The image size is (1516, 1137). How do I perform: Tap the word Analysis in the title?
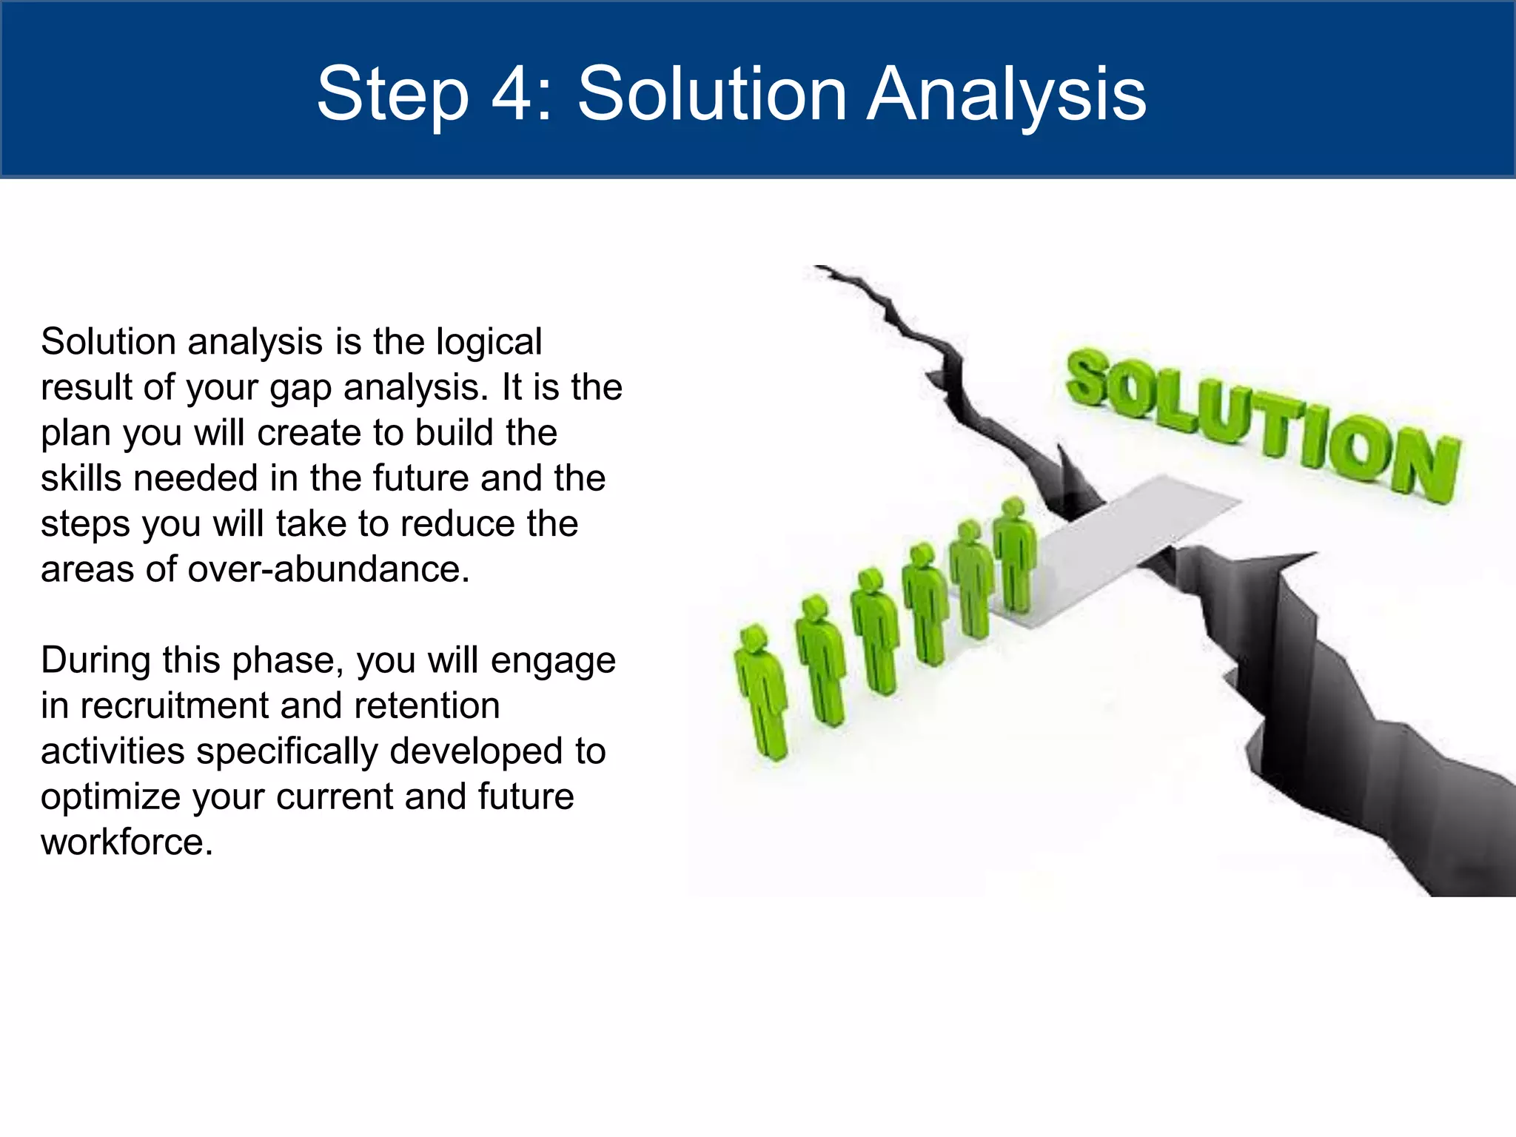pyautogui.click(x=1007, y=94)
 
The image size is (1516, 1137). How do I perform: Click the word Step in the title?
pyautogui.click(x=392, y=94)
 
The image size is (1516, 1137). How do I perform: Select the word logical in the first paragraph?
pyautogui.click(x=489, y=343)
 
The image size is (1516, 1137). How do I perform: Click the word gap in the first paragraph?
pyautogui.click(x=300, y=388)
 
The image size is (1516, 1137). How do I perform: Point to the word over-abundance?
pyautogui.click(x=329, y=570)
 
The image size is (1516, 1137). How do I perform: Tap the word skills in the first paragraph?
pyautogui.click(x=81, y=479)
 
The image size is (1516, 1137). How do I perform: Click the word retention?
pyautogui.click(x=426, y=706)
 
